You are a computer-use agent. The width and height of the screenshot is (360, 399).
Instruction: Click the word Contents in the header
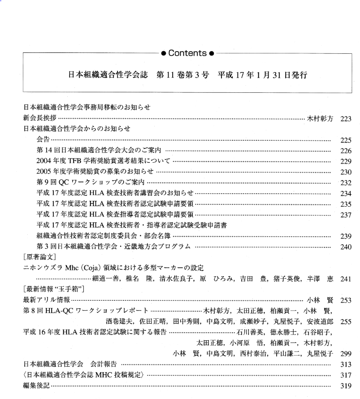187,54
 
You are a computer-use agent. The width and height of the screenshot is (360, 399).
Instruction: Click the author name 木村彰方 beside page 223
320,119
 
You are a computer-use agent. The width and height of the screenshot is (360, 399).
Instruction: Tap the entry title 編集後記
36,386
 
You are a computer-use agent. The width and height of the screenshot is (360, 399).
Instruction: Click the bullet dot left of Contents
164,54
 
